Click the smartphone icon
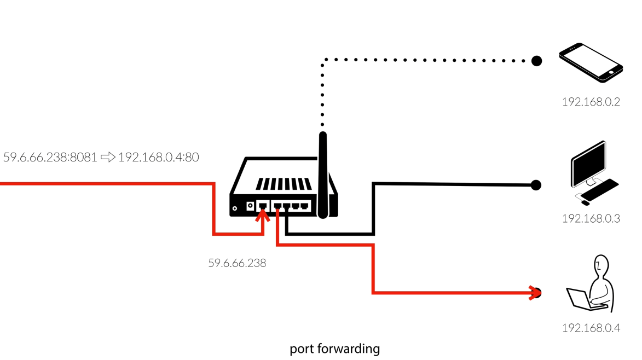tap(591, 62)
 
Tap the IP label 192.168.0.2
tap(591, 102)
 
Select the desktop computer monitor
tap(588, 162)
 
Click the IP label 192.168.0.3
tap(591, 218)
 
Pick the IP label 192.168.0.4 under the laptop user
tap(591, 328)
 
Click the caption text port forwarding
tap(334, 349)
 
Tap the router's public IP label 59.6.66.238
tap(237, 263)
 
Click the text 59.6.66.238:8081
tap(50, 158)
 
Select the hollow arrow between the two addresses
tap(108, 158)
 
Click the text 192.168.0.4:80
tap(159, 158)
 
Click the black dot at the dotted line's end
tap(537, 61)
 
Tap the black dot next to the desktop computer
tap(536, 185)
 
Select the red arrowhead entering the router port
tap(263, 215)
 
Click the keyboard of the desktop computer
tap(600, 189)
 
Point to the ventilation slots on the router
tap(284, 184)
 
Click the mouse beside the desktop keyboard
tap(585, 203)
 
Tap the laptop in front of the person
tap(579, 299)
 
